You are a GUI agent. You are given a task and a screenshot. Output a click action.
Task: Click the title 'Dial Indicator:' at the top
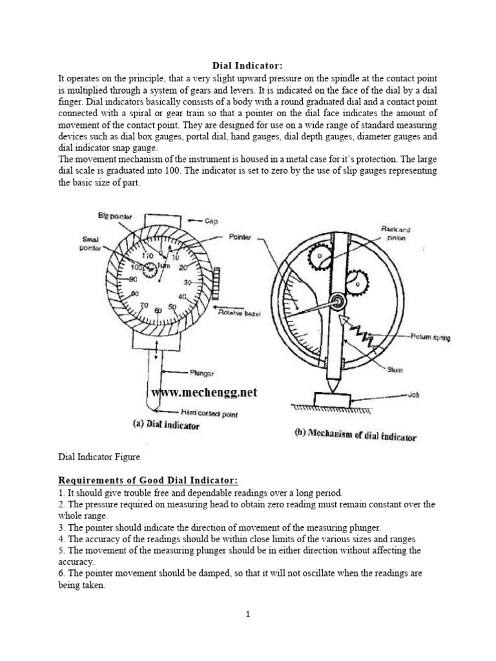247,66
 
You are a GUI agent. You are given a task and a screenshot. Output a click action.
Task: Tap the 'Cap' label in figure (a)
212,221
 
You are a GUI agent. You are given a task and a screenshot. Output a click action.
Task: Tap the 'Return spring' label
430,337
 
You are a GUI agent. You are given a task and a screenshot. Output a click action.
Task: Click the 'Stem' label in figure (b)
395,369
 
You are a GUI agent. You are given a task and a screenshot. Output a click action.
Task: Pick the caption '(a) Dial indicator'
166,426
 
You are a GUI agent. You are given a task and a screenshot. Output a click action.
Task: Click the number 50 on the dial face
172,307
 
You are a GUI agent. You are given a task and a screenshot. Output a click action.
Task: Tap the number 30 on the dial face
187,283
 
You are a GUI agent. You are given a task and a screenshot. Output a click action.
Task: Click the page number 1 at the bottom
247,615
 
